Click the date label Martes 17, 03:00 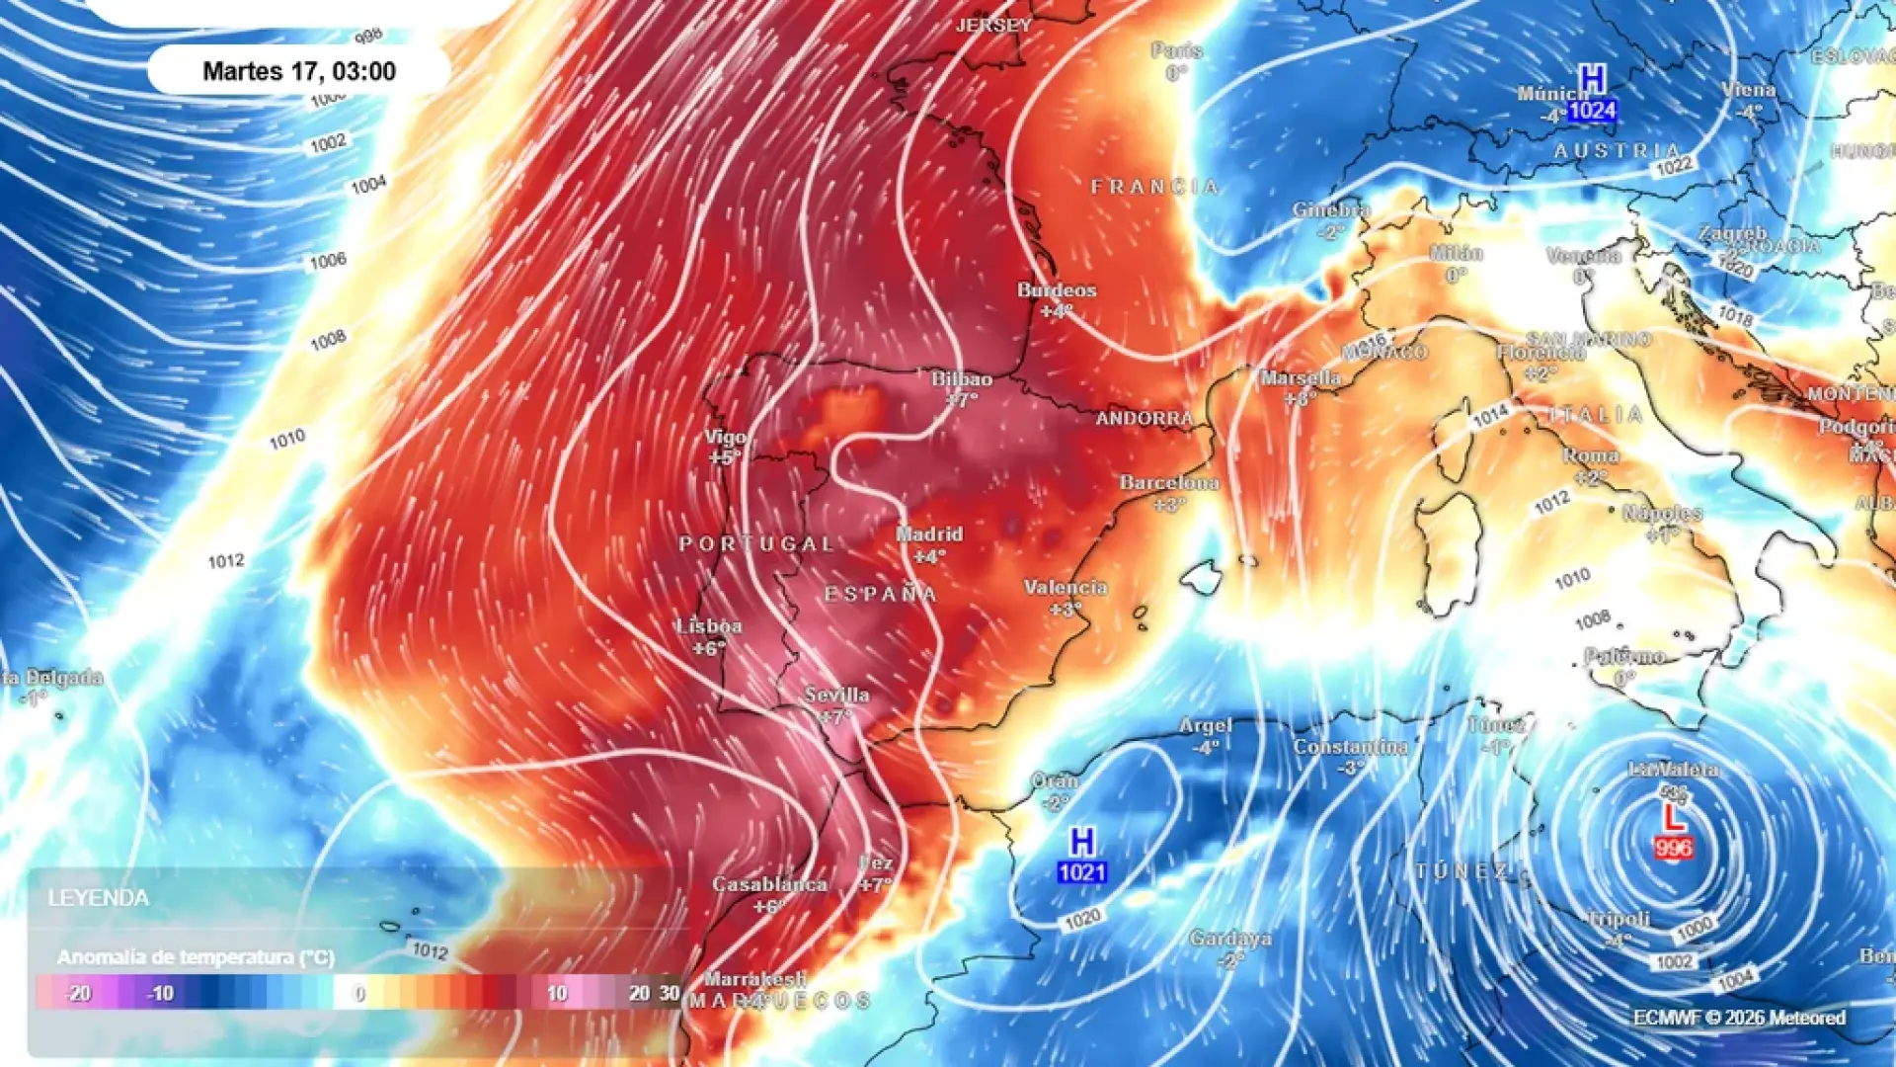(x=298, y=71)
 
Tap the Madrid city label (x=928, y=534)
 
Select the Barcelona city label (x=1169, y=483)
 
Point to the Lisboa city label (x=708, y=626)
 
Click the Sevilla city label (x=836, y=695)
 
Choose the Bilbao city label (x=962, y=379)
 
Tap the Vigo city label (x=726, y=437)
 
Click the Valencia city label (x=1065, y=588)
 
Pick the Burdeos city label (x=1057, y=290)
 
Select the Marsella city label (x=1301, y=377)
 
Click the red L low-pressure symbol (x=1672, y=818)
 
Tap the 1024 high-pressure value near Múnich (x=1592, y=111)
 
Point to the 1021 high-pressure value (x=1081, y=872)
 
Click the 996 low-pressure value (x=1673, y=848)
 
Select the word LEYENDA (x=98, y=898)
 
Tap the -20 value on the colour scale (x=78, y=993)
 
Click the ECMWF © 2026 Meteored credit (x=1738, y=1018)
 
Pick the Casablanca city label (x=769, y=884)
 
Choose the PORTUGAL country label (x=756, y=544)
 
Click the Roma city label (x=1590, y=456)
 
